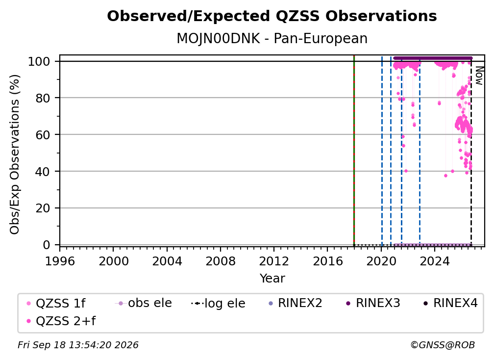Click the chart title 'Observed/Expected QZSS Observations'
pyautogui.click(x=272, y=16)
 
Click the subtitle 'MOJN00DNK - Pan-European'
pyautogui.click(x=272, y=38)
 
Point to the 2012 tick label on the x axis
pyautogui.click(x=274, y=261)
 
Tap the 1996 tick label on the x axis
pyautogui.click(x=60, y=261)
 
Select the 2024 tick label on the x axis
pyautogui.click(x=434, y=261)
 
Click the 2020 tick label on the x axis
pyautogui.click(x=381, y=261)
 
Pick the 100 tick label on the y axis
pyautogui.click(x=39, y=61)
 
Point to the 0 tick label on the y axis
pyautogui.click(x=47, y=245)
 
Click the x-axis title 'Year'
pyautogui.click(x=272, y=279)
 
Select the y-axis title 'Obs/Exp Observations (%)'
pyautogui.click(x=15, y=154)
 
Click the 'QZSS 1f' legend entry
pyautogui.click(x=56, y=303)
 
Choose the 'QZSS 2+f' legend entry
pyautogui.click(x=61, y=321)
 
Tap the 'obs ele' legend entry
pyautogui.click(x=144, y=303)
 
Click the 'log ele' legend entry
pyautogui.click(x=218, y=303)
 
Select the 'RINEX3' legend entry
pyautogui.click(x=373, y=303)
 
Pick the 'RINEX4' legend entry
pyautogui.click(x=450, y=303)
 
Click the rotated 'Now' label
pyautogui.click(x=479, y=76)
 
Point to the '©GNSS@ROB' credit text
pyautogui.click(x=443, y=345)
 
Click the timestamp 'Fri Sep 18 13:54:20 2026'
pyautogui.click(x=78, y=345)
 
